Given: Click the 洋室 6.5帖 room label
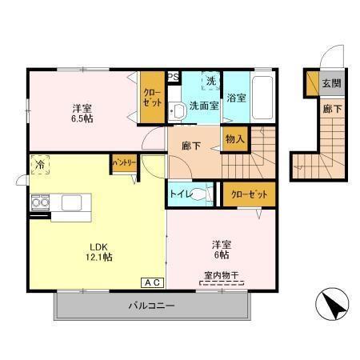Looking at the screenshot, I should [x=81, y=113].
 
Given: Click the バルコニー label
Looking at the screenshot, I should [x=151, y=306].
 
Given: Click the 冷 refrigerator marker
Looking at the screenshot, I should [x=39, y=166].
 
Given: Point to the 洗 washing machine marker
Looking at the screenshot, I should [x=211, y=81].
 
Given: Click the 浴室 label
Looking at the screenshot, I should [x=236, y=98].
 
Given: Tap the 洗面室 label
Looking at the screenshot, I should [x=205, y=105].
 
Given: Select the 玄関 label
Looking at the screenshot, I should [x=330, y=83].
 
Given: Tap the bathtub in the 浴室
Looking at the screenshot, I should [x=264, y=96].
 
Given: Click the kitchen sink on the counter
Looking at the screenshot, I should [x=70, y=202].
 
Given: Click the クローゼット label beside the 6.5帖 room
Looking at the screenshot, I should [x=152, y=99].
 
